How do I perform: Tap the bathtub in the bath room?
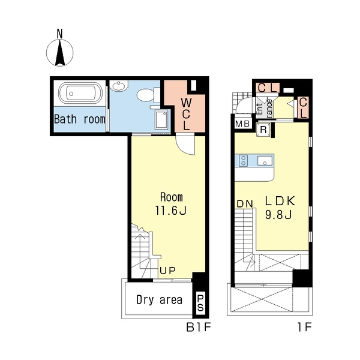click(x=80, y=93)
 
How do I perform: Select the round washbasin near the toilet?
click(x=118, y=86)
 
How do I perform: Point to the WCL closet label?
click(x=186, y=114)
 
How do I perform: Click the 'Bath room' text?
click(x=80, y=119)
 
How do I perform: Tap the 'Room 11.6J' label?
click(x=171, y=204)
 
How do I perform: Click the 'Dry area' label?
click(x=160, y=299)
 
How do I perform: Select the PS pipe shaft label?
click(x=200, y=302)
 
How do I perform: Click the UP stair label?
click(x=168, y=271)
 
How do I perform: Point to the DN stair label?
click(x=245, y=204)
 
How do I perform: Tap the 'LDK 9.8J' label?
click(x=280, y=208)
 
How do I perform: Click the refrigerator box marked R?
click(x=263, y=130)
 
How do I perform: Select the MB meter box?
click(x=242, y=124)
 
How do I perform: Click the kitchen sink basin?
click(x=265, y=160)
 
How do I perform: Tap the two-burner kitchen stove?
click(x=244, y=160)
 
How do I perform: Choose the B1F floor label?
click(x=199, y=327)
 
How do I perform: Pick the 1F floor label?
click(x=305, y=327)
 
